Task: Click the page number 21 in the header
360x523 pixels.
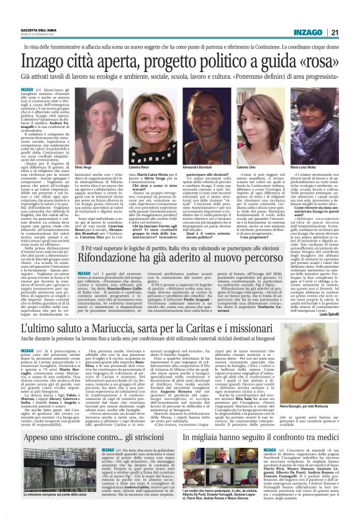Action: coord(351,15)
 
